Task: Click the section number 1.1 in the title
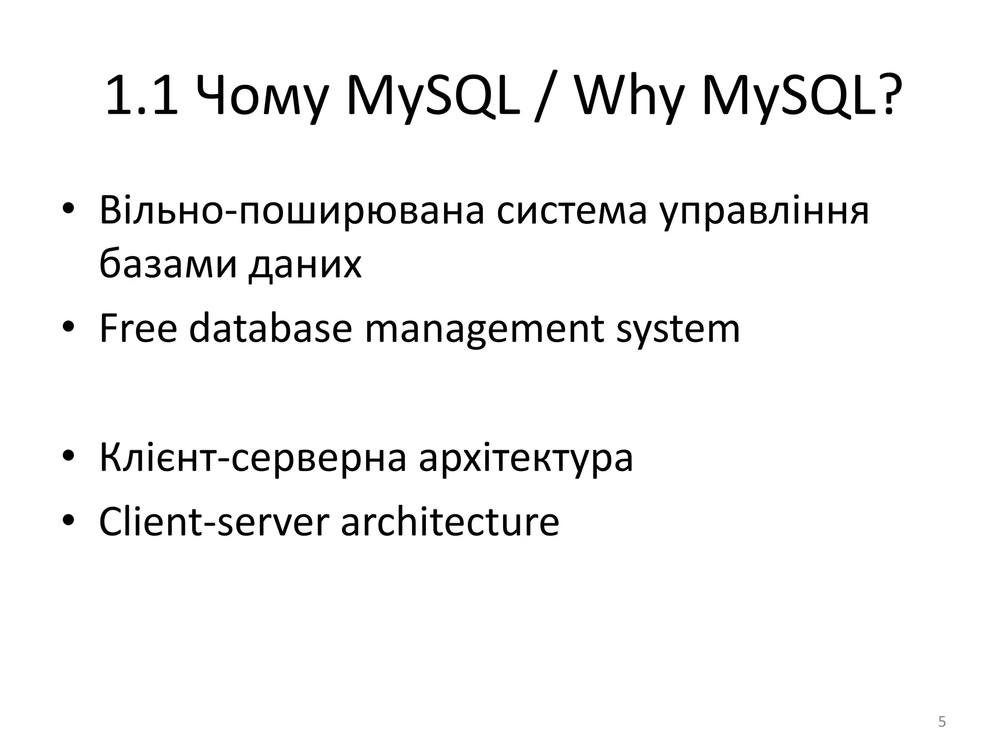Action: pyautogui.click(x=142, y=95)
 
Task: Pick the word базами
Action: pyautogui.click(x=167, y=264)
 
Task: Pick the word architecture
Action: pyautogui.click(x=450, y=522)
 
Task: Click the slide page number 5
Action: pyautogui.click(x=942, y=722)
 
